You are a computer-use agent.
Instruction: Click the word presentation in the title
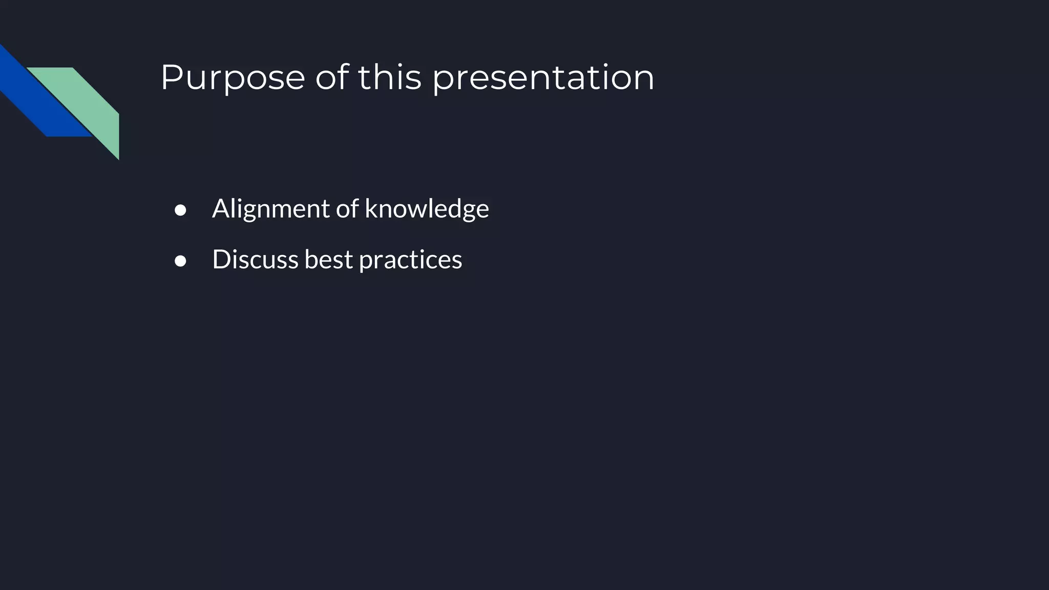[543, 78]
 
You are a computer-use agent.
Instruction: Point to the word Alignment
[271, 209]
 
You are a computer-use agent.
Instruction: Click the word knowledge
[427, 209]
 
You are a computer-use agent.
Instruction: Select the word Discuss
[255, 259]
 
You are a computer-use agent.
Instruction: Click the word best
[329, 259]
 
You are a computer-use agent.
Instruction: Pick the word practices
[410, 260]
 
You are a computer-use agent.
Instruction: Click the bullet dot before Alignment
[180, 210]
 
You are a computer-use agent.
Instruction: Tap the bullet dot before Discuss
[180, 261]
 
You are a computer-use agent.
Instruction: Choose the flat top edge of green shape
[50, 69]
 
